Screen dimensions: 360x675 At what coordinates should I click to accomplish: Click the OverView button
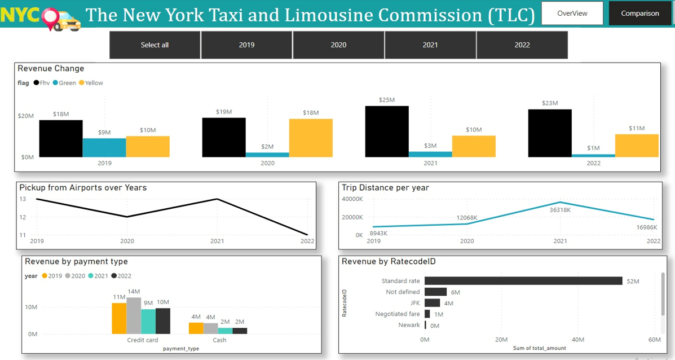click(572, 13)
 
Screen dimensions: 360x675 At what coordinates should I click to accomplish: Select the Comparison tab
click(639, 13)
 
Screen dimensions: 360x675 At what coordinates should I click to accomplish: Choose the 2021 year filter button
click(430, 45)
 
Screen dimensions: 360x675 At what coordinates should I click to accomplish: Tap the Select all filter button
click(155, 45)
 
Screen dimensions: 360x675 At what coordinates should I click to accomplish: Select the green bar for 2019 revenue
click(104, 147)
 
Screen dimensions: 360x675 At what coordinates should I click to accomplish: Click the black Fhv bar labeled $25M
click(387, 131)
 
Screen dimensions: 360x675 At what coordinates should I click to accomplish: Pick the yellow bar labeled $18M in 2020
click(311, 138)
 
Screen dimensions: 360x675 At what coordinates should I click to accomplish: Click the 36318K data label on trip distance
click(560, 210)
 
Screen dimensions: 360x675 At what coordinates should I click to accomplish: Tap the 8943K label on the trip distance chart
click(378, 233)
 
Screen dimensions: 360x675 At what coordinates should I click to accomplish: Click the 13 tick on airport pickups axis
click(23, 199)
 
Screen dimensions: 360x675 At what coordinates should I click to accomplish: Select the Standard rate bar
click(523, 281)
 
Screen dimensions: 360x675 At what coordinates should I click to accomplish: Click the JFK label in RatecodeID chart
click(415, 303)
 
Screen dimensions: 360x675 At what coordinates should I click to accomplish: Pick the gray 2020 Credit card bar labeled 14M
click(134, 315)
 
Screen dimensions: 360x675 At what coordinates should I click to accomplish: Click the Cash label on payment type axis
click(219, 340)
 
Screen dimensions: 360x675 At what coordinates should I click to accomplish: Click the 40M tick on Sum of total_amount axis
click(578, 340)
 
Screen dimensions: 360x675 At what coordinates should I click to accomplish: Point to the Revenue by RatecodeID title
click(389, 261)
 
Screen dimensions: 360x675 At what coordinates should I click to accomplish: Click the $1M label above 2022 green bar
click(593, 148)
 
